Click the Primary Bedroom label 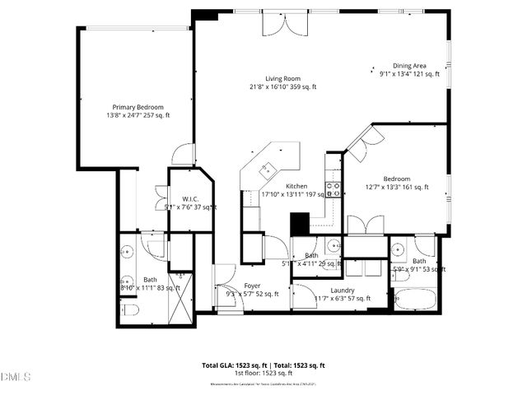[x=138, y=107]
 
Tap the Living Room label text [x=282, y=78]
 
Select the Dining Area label [x=408, y=66]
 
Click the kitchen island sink [x=265, y=170]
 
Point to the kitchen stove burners [x=334, y=189]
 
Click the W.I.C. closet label [x=190, y=198]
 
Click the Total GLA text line [x=232, y=365]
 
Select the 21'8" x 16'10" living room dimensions [x=282, y=87]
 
